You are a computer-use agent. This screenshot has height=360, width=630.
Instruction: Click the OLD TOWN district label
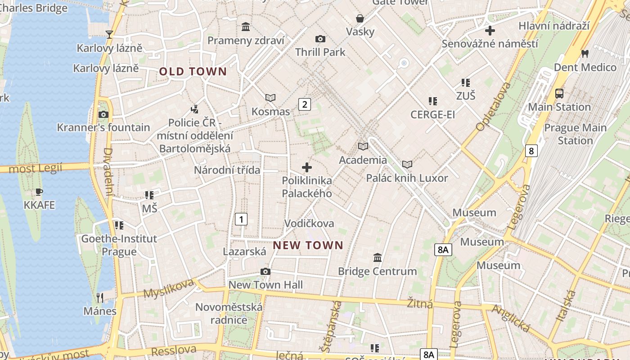coord(193,72)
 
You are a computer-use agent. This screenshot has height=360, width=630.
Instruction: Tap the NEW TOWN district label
coord(308,245)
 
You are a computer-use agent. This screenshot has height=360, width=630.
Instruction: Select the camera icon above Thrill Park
coord(320,39)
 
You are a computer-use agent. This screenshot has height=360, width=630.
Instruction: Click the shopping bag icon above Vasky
coord(360,18)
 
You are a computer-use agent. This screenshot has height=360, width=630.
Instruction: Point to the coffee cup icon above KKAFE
coord(39,192)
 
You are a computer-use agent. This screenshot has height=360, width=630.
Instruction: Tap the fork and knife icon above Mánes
coord(100,297)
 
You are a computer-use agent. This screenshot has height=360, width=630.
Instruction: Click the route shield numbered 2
coord(305,105)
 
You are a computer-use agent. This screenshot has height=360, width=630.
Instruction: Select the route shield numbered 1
coord(241,219)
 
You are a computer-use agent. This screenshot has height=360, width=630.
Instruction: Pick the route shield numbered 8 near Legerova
coord(531,151)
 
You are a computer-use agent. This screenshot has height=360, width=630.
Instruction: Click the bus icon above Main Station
coord(559,94)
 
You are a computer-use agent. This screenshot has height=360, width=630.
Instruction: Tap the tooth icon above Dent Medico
coord(585,54)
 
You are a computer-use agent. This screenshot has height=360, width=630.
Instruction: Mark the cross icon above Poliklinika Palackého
coord(307,167)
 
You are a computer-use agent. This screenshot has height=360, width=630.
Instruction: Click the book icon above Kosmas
coord(270,98)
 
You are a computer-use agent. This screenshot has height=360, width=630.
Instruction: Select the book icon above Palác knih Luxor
coord(407,165)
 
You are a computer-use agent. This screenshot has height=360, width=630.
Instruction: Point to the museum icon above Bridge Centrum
coord(378,258)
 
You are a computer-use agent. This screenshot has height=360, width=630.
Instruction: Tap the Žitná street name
coord(420,303)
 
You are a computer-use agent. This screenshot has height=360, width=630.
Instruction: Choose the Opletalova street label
coord(493,107)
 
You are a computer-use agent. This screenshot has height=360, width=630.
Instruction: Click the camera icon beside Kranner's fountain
coord(103,114)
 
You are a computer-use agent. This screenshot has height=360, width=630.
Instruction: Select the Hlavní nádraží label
coord(554,26)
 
